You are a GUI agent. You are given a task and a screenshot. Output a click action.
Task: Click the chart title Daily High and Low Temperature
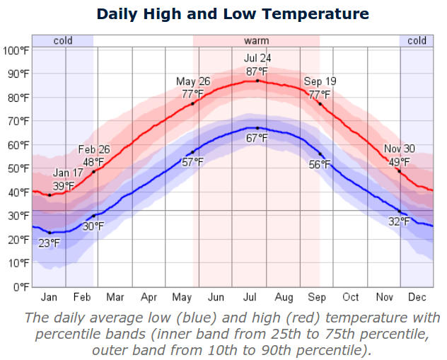pyautogui.click(x=233, y=13)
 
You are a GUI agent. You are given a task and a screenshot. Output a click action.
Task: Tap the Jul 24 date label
pyautogui.click(x=257, y=58)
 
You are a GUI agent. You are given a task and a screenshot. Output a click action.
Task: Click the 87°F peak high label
pyautogui.click(x=257, y=71)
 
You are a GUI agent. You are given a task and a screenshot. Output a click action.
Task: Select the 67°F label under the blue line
pyautogui.click(x=257, y=138)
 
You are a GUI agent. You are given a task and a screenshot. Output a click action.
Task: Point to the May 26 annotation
pyautogui.click(x=193, y=82)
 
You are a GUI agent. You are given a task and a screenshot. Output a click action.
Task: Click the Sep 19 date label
pyautogui.click(x=318, y=82)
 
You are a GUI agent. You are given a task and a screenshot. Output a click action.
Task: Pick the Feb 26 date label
pyautogui.click(x=95, y=149)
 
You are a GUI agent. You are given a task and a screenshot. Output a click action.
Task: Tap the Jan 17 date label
pyautogui.click(x=67, y=173)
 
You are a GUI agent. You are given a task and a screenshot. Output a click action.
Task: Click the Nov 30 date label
pyautogui.click(x=400, y=149)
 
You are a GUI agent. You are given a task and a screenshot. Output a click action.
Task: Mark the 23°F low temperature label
pyautogui.click(x=50, y=243)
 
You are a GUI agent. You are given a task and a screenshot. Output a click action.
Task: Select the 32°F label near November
pyautogui.click(x=399, y=222)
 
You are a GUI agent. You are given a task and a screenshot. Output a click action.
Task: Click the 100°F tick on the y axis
pyautogui.click(x=16, y=50)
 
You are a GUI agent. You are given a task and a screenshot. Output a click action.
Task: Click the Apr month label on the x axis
pyautogui.click(x=149, y=297)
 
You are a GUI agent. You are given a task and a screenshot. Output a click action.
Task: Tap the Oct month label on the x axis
pyautogui.click(x=351, y=297)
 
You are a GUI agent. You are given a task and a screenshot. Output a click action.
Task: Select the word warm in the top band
pyautogui.click(x=256, y=40)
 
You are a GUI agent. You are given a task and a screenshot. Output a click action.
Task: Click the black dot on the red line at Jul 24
pyautogui.click(x=257, y=81)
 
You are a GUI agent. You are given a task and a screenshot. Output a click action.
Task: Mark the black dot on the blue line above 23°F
pyautogui.click(x=50, y=233)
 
